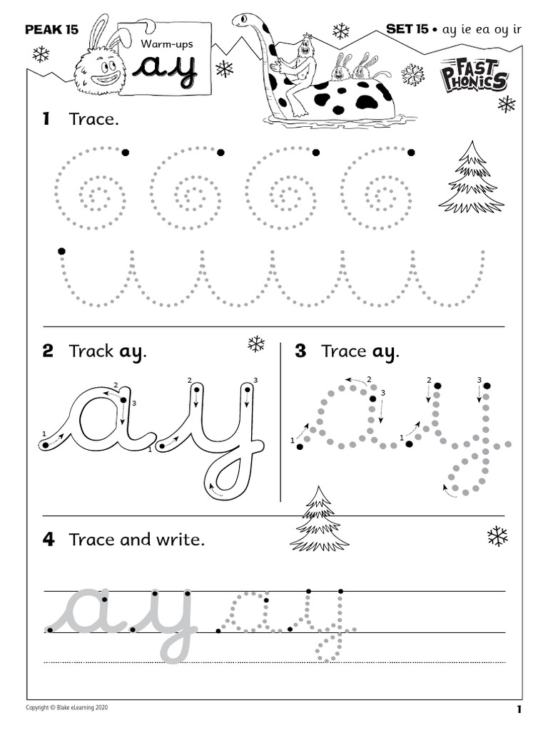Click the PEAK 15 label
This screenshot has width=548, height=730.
click(x=51, y=30)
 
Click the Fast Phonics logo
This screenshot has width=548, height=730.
click(x=474, y=76)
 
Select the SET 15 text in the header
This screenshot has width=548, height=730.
click(x=407, y=29)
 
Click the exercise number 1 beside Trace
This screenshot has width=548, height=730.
click(x=46, y=119)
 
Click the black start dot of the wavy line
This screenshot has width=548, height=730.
click(x=62, y=251)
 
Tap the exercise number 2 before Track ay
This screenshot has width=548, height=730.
click(x=48, y=351)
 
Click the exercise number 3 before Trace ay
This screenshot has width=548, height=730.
click(x=300, y=351)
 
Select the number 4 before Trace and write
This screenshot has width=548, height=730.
click(x=48, y=540)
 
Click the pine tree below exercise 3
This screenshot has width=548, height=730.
click(x=319, y=520)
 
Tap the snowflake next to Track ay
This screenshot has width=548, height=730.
click(x=256, y=344)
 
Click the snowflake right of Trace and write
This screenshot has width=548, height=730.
click(x=497, y=536)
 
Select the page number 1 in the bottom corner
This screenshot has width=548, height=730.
click(x=519, y=709)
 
